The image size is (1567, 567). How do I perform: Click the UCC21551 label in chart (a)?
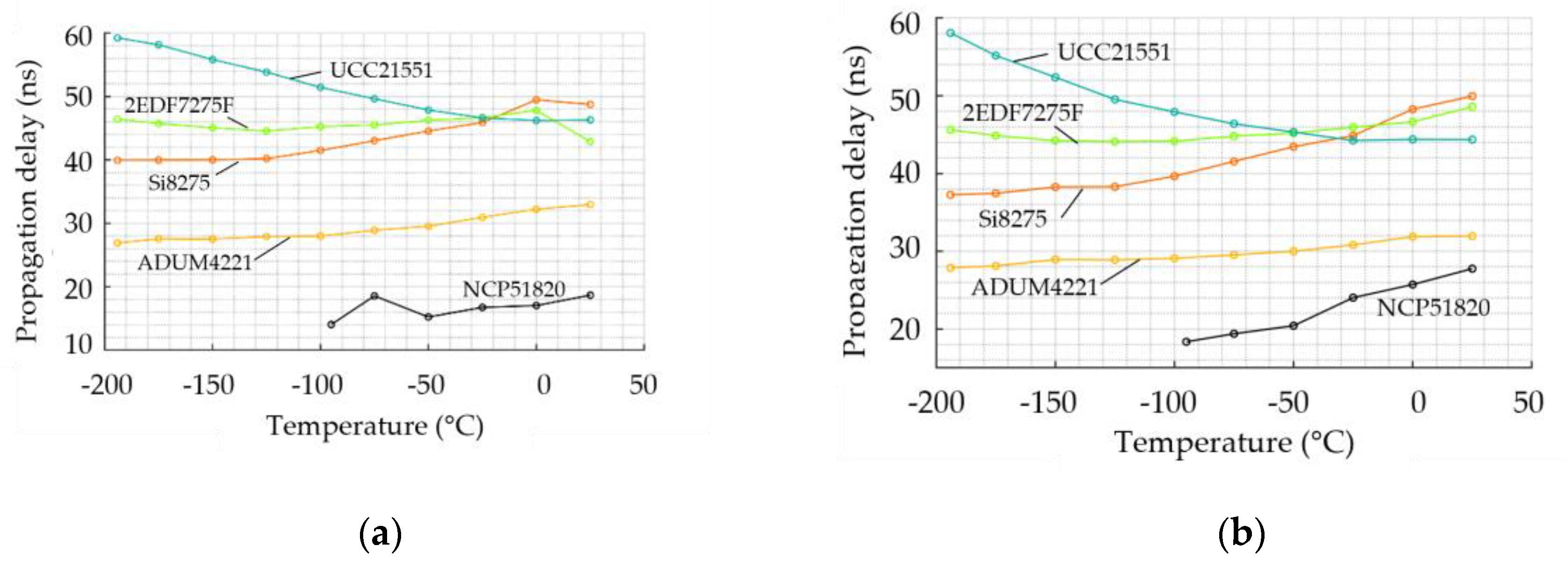pyautogui.click(x=381, y=70)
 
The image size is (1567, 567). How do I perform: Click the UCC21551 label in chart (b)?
pyautogui.click(x=1114, y=52)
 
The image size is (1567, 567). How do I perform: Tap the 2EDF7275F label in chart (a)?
pyautogui.click(x=179, y=106)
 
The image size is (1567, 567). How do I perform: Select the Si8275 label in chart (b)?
pyautogui.click(x=1012, y=219)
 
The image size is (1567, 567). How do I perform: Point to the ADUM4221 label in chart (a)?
pyautogui.click(x=194, y=262)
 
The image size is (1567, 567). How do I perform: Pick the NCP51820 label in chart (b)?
pyautogui.click(x=1433, y=308)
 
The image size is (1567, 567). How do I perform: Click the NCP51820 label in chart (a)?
pyautogui.click(x=514, y=289)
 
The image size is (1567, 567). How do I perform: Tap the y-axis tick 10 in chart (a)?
pyautogui.click(x=79, y=345)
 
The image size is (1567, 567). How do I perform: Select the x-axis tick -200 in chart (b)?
pyautogui.click(x=935, y=403)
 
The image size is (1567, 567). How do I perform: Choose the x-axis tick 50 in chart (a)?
pyautogui.click(x=643, y=385)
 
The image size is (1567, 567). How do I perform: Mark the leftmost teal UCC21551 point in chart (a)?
pyautogui.click(x=117, y=38)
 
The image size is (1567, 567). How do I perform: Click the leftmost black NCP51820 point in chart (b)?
pyautogui.click(x=1186, y=341)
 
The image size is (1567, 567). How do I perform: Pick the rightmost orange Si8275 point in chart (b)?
pyautogui.click(x=1472, y=96)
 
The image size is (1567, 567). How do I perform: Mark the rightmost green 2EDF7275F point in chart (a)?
pyautogui.click(x=589, y=142)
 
